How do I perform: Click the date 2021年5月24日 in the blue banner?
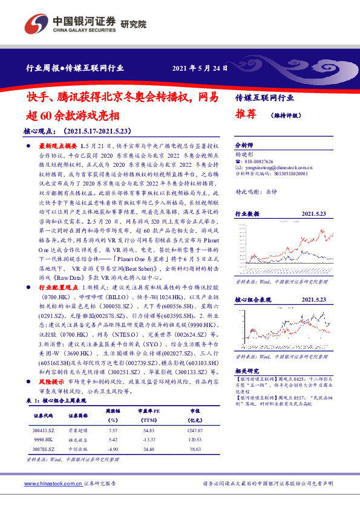tap(200, 68)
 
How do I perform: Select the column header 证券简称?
tap(79, 416)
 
